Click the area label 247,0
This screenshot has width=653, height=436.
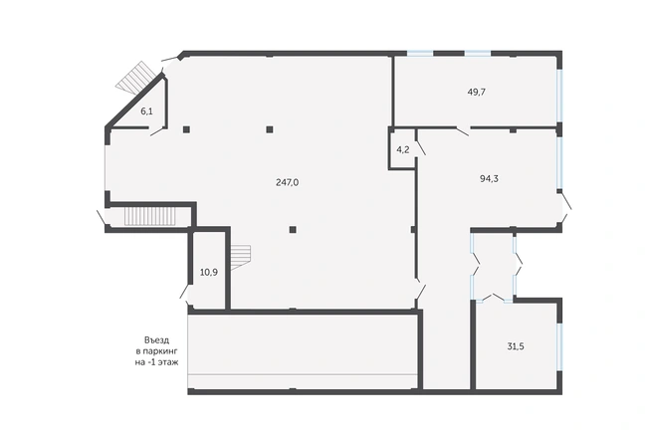pyautogui.click(x=288, y=182)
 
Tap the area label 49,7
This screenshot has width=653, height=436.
pyautogui.click(x=477, y=92)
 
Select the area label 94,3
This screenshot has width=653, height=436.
pyautogui.click(x=490, y=179)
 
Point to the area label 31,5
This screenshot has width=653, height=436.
pyautogui.click(x=516, y=346)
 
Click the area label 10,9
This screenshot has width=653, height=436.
pyautogui.click(x=209, y=273)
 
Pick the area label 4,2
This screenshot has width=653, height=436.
pyautogui.click(x=403, y=150)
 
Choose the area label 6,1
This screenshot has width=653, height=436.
pyautogui.click(x=146, y=111)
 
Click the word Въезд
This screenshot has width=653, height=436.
pyautogui.click(x=156, y=340)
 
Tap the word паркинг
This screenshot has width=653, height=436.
pyautogui.click(x=161, y=351)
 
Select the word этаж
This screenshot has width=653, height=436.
pyautogui.click(x=168, y=362)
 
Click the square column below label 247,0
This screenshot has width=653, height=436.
pyautogui.click(x=293, y=230)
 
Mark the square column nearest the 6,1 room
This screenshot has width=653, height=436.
pyautogui.click(x=186, y=129)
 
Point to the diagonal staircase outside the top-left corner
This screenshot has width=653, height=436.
pyautogui.click(x=136, y=78)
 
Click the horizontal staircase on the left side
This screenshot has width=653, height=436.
pyautogui.click(x=150, y=217)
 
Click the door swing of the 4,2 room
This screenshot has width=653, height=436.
pyautogui.click(x=420, y=148)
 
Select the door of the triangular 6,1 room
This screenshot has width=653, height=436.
pyautogui.click(x=158, y=131)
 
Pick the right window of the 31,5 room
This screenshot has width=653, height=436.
pyautogui.click(x=559, y=345)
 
